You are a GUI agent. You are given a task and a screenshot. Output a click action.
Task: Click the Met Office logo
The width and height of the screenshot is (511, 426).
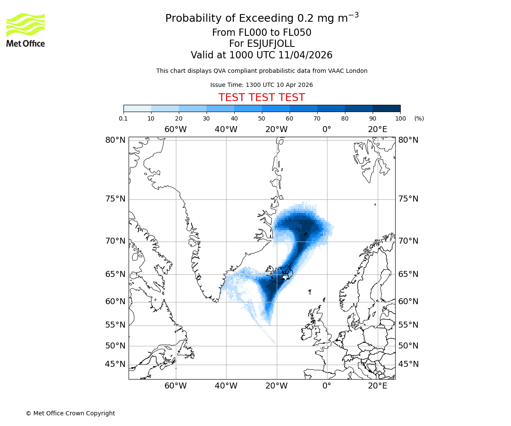coord(26,30)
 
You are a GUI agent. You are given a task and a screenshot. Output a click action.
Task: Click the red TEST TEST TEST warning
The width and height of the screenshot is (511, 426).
coord(261,98)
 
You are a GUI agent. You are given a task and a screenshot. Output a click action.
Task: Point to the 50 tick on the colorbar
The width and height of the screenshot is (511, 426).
coord(262,118)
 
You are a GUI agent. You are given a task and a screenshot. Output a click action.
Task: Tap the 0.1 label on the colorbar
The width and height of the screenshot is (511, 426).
coord(123,118)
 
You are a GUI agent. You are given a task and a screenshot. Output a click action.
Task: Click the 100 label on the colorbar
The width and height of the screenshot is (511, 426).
coord(400,118)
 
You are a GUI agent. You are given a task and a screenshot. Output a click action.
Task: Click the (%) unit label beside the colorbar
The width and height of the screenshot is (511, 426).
coord(419,118)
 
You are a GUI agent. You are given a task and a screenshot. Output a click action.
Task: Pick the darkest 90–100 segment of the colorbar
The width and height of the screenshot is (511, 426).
coord(386,108)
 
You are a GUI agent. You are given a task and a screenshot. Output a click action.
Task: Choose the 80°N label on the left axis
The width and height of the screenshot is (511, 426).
coord(115,140)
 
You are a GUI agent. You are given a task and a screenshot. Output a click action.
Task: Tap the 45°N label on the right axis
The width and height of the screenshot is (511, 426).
coord(408,364)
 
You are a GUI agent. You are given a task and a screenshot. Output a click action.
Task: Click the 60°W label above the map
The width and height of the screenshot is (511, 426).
coord(175,130)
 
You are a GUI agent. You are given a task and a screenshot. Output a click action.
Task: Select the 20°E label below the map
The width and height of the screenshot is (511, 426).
coord(378,386)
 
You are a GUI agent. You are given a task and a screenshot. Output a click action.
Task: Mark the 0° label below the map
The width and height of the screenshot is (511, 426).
coord(327,386)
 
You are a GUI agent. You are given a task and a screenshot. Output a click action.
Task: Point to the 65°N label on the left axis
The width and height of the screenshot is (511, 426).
coord(115,274)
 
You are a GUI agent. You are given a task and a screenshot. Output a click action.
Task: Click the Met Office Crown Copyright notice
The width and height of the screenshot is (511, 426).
coord(70,413)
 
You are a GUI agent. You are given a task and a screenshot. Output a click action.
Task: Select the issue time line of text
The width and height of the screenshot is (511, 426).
coord(261,85)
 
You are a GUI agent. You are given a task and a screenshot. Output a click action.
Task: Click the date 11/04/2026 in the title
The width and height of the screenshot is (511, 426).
coord(305,55)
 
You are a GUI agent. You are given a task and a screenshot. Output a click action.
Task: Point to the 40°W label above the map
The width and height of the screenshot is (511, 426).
coord(226,130)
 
